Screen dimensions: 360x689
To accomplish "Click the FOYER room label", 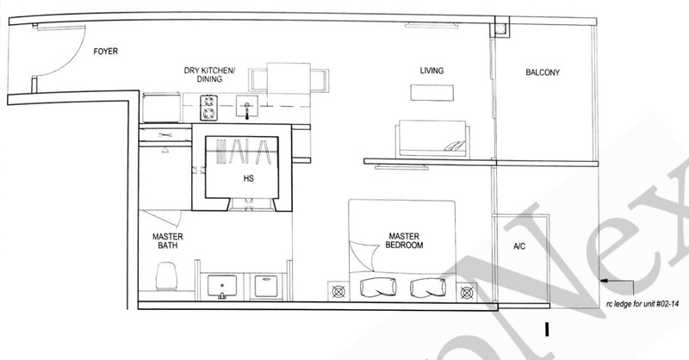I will click(106, 52).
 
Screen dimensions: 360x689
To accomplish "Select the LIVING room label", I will click(431, 71).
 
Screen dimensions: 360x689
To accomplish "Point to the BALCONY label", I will click(543, 72).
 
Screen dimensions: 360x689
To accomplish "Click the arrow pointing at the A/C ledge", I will click(618, 281).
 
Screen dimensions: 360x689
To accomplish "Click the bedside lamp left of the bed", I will click(337, 291).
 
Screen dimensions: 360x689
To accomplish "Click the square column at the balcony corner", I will click(499, 29).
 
